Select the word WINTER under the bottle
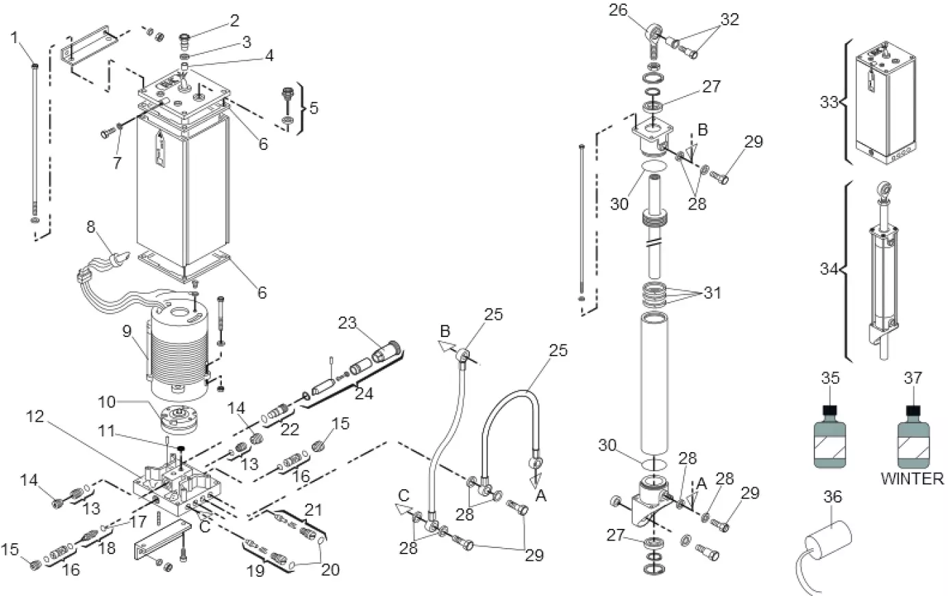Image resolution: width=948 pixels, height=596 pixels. [912, 479]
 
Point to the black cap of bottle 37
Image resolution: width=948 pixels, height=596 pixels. [912, 412]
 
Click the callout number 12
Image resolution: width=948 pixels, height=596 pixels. [36, 416]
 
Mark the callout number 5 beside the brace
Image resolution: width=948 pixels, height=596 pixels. [314, 108]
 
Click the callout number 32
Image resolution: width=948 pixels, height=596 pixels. [730, 19]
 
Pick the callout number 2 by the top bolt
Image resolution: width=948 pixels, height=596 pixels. [234, 21]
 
